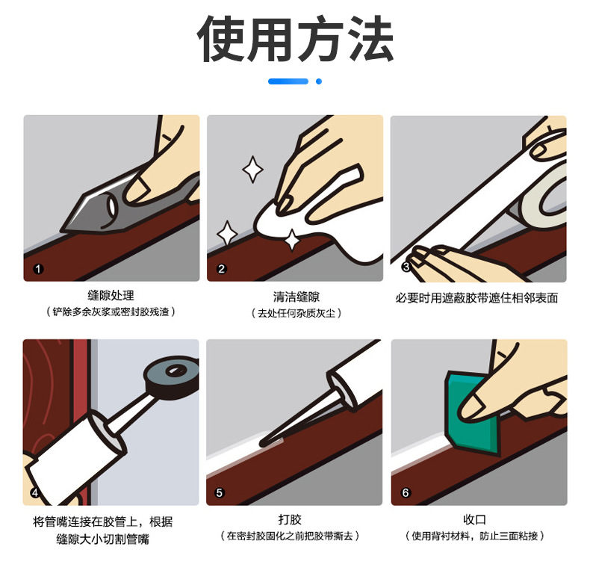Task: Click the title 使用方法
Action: [x=296, y=38]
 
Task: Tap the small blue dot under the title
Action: [x=319, y=81]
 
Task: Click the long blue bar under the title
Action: [x=288, y=81]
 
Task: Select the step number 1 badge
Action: [x=38, y=269]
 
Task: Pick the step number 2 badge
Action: [x=222, y=269]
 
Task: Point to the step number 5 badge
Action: [x=220, y=493]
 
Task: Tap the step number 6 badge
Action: [x=406, y=493]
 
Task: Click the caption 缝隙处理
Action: [x=111, y=296]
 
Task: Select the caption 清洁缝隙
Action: [x=296, y=297]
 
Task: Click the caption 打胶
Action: [x=290, y=519]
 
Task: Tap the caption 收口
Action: [x=475, y=519]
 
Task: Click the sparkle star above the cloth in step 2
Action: [x=252, y=170]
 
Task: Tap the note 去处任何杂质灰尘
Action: [x=296, y=313]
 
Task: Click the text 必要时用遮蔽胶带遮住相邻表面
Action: [x=476, y=298]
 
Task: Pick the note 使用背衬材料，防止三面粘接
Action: [x=475, y=536]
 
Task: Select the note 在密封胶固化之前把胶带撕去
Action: [x=290, y=536]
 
